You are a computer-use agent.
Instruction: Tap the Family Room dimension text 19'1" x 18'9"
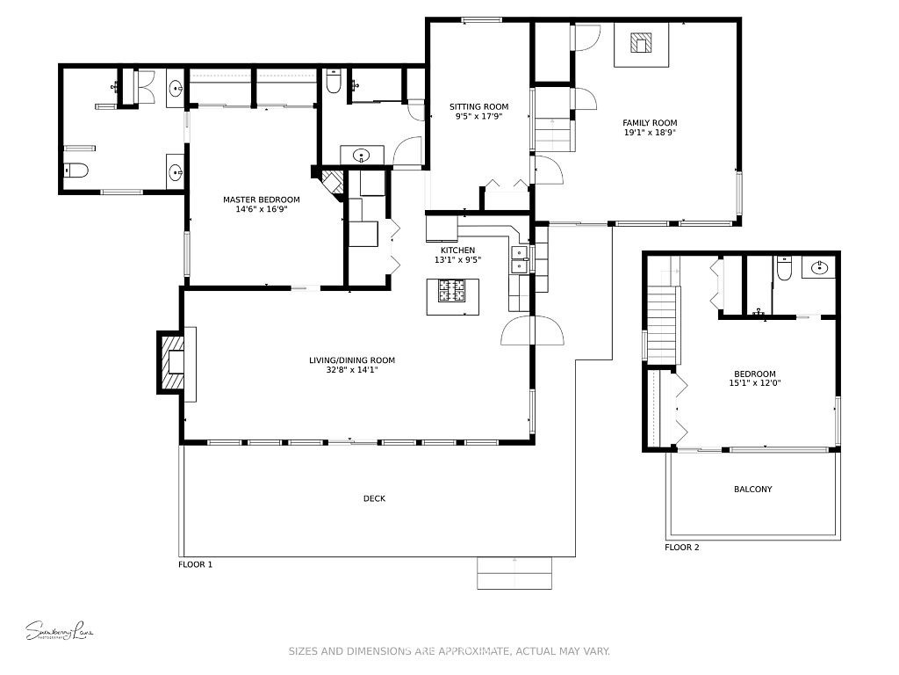(650, 133)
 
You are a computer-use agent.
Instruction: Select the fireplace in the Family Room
(642, 44)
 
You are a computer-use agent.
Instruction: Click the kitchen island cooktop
(455, 290)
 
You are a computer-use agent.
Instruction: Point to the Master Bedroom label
(261, 200)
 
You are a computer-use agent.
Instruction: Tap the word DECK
(374, 498)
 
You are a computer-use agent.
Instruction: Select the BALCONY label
(752, 490)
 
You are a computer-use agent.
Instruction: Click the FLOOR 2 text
(681, 548)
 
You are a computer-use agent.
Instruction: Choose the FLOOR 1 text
(195, 564)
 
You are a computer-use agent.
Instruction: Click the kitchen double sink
(519, 260)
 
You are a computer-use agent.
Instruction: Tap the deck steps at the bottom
(514, 573)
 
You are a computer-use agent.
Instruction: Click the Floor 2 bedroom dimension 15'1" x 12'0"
(754, 383)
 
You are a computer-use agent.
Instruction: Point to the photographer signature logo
(59, 630)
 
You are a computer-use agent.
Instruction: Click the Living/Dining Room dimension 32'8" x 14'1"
(351, 370)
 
